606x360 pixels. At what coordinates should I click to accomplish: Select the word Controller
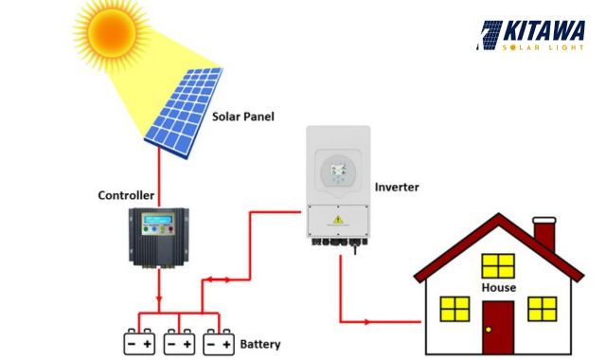pos(126,195)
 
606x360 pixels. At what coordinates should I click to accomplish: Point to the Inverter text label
pos(397,187)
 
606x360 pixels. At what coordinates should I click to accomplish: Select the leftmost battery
pos(140,341)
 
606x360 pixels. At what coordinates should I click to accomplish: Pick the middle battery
pos(180,341)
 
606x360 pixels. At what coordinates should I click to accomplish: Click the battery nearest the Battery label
pos(219,341)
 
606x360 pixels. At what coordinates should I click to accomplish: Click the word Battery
pos(260,344)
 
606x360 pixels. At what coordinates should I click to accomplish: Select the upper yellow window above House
pos(498,265)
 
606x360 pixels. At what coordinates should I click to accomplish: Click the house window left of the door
pos(455,309)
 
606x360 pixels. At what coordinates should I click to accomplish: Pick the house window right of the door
pos(542,309)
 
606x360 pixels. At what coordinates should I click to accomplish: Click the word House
pos(498,287)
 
